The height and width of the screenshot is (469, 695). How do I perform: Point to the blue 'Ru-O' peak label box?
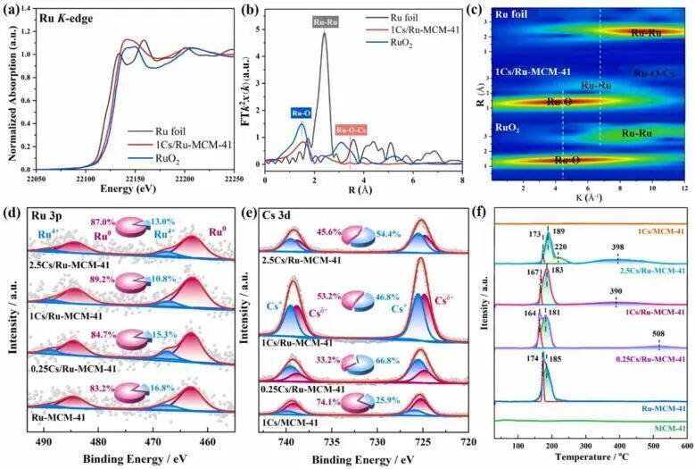point(301,113)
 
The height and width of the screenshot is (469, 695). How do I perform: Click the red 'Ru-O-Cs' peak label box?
point(353,130)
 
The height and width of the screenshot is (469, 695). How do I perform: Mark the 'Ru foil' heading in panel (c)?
point(511,14)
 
